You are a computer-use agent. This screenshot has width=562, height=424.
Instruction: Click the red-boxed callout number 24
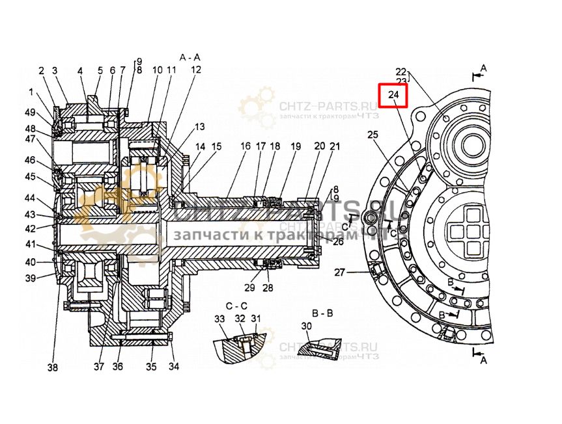393,96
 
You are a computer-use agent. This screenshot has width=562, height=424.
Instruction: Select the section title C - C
236,305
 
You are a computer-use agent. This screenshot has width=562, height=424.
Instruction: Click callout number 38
53,367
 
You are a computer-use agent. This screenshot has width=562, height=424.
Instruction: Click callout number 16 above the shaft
245,147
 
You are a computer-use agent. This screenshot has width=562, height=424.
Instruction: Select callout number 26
338,242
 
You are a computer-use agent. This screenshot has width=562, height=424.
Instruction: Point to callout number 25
372,135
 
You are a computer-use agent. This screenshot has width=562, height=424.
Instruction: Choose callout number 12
195,70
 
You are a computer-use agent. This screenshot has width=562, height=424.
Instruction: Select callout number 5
100,70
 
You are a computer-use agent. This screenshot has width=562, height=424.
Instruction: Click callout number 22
400,72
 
